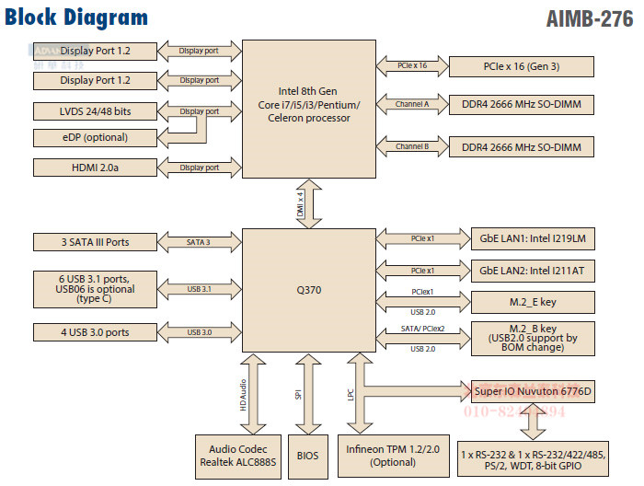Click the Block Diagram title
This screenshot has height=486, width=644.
pyautogui.click(x=76, y=17)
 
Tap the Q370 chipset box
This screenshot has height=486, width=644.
pyautogui.click(x=307, y=287)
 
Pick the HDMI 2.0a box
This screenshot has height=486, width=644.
pyautogui.click(x=96, y=168)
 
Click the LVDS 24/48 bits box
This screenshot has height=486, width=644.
pyautogui.click(x=96, y=111)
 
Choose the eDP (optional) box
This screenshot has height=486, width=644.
pyautogui.click(x=96, y=138)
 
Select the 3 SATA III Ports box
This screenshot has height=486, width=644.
pyautogui.click(x=96, y=243)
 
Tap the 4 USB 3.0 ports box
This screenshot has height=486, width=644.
pyautogui.click(x=96, y=332)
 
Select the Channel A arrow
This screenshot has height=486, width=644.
pyautogui.click(x=412, y=105)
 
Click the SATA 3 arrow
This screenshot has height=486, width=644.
pyautogui.click(x=200, y=243)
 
